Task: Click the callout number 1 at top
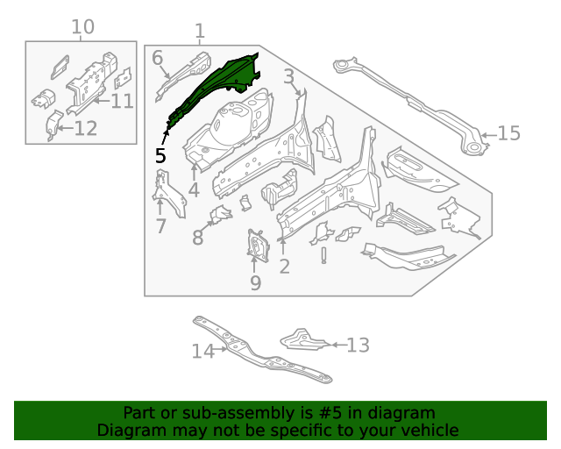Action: pos(200,32)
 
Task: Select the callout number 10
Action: pos(82,27)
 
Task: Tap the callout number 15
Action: pos(509,133)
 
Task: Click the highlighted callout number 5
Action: pos(160,155)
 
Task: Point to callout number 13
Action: pos(359,346)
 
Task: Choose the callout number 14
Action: pos(202,352)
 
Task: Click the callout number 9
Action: pos(255,283)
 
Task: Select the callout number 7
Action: pos(160,227)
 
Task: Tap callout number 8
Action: pos(198,237)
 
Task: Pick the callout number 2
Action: pos(284,267)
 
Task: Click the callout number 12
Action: pos(85,130)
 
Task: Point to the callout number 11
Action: pos(122,101)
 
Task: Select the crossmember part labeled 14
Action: pos(263,355)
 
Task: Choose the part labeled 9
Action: pos(257,246)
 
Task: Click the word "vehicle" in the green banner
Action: pos(427,431)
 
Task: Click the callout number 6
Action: pos(158,58)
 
